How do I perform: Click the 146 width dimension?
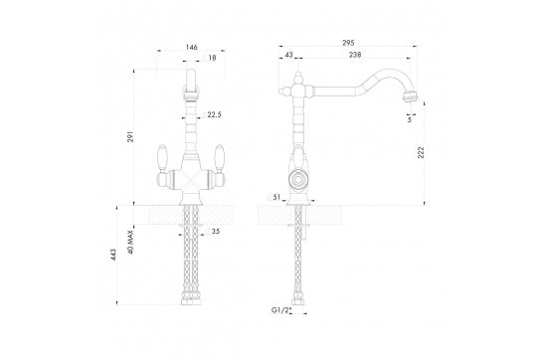pyautogui.click(x=192, y=47)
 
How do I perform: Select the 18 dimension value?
pyautogui.click(x=212, y=58)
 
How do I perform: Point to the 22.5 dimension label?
pyautogui.click(x=214, y=114)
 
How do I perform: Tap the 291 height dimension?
pyautogui.click(x=130, y=136)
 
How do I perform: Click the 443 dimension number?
pyautogui.click(x=113, y=255)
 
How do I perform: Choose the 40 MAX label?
pyautogui.click(x=130, y=243)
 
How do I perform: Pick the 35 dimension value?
pyautogui.click(x=216, y=232)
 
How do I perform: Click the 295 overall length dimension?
pyautogui.click(x=348, y=43)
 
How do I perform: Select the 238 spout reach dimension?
pyautogui.click(x=355, y=55)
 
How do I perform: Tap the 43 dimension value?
pyautogui.click(x=288, y=55)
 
